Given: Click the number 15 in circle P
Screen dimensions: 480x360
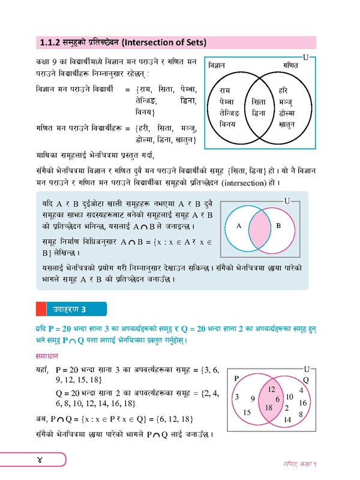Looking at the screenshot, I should (247, 412).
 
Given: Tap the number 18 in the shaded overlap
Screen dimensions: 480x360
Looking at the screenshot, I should (269, 407).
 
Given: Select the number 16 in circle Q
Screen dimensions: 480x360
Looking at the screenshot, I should (302, 403).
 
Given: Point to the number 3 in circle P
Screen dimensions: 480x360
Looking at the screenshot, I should (237, 397).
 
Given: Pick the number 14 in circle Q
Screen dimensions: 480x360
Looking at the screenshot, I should (287, 420).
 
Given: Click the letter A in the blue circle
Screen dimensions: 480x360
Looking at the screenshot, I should (238, 226).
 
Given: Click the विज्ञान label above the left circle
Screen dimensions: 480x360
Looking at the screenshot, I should (220, 65).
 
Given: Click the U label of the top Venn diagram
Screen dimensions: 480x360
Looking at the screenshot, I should (306, 58).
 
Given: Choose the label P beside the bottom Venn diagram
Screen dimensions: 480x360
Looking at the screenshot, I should (236, 378).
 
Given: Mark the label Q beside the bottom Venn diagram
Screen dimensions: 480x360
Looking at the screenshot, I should (305, 380).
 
